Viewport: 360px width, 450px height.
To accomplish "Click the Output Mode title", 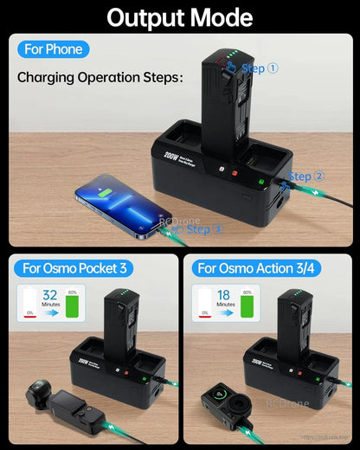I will click(179, 17).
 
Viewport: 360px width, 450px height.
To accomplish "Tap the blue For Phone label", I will click(54, 49).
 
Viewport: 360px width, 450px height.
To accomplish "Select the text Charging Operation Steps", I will click(100, 78).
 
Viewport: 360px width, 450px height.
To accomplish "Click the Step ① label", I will click(260, 68).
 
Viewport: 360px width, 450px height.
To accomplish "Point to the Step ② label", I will click(306, 177).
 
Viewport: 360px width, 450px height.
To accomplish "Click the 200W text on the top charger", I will click(170, 157).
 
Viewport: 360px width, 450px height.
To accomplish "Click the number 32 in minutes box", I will click(50, 294).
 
